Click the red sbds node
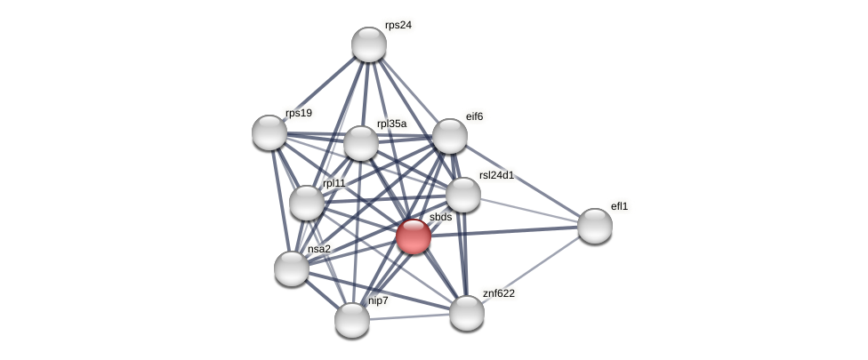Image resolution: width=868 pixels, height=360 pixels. coord(414,236)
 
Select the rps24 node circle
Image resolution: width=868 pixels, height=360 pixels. coord(369,44)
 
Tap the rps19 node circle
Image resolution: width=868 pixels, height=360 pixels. coord(269,132)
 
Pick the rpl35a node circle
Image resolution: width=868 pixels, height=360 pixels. coord(361,143)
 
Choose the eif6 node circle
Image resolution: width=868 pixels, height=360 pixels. coord(450,136)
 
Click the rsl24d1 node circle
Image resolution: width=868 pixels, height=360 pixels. coord(463,195)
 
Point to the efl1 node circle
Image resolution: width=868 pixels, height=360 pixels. coord(595,226)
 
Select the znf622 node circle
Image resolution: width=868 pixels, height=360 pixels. coord(467,313)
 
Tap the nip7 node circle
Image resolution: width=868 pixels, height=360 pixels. coord(352,320)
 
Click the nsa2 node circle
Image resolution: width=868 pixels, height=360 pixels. coord(292,268)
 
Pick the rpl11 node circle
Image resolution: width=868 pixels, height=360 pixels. coord(307,203)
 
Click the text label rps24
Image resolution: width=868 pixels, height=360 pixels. coord(398,25)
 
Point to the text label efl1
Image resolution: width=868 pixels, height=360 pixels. coord(619,206)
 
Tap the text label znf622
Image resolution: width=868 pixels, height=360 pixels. coord(499,293)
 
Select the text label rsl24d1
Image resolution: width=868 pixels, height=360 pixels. coord(496,175)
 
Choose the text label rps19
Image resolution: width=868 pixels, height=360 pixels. coord(299,113)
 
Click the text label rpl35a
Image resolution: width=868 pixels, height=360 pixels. coord(391,124)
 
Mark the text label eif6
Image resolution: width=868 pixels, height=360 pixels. coord(475,116)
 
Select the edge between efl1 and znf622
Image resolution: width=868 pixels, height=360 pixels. coord(531,269)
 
